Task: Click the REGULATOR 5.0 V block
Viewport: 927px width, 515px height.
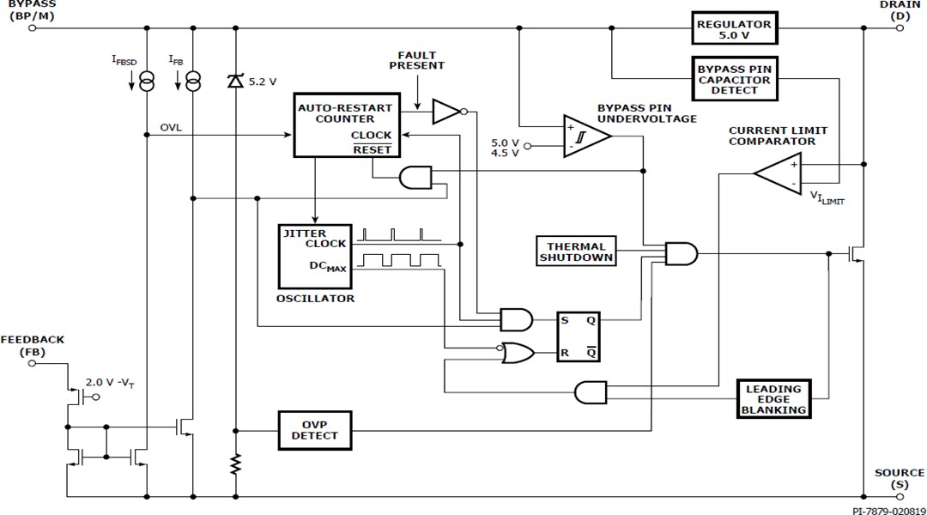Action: pos(734,27)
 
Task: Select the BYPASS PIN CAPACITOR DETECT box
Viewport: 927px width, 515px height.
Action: pos(734,78)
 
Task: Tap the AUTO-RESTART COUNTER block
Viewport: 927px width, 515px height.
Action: pos(345,124)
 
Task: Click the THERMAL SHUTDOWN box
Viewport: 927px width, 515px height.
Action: pos(577,251)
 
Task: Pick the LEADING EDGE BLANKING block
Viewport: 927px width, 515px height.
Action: pos(774,399)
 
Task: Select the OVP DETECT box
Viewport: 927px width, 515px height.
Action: pos(315,429)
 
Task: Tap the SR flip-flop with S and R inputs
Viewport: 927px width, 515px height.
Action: pos(579,336)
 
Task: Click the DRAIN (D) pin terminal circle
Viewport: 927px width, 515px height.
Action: pos(900,27)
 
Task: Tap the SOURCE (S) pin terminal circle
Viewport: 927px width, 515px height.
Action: pos(900,496)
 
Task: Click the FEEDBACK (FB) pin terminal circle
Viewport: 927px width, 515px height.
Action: pos(33,363)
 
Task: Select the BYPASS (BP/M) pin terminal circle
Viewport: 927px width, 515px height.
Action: pos(33,27)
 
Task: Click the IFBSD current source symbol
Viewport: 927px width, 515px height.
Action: pos(147,82)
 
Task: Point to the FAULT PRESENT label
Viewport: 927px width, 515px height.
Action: pos(421,60)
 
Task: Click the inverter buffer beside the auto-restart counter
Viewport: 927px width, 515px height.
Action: pos(447,111)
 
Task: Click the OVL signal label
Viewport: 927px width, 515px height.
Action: pos(171,128)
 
